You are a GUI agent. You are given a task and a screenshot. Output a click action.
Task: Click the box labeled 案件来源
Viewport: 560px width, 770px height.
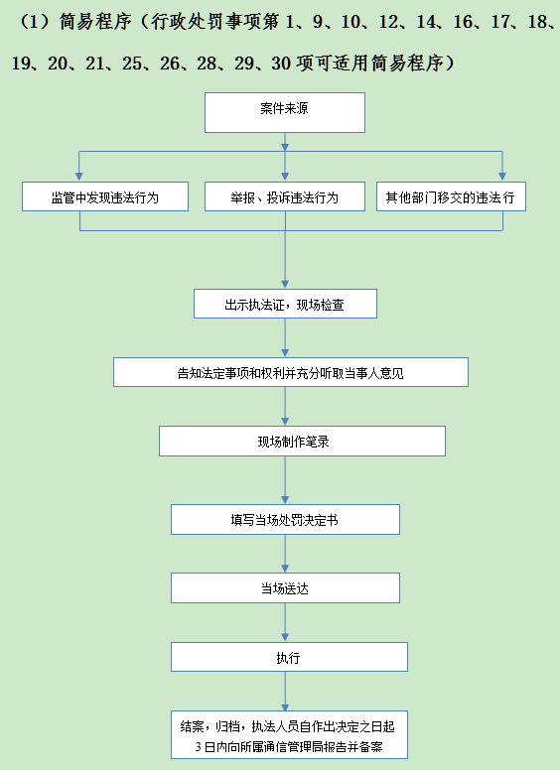[x=285, y=112]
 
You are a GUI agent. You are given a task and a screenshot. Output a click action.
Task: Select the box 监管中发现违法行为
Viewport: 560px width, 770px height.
[x=105, y=196]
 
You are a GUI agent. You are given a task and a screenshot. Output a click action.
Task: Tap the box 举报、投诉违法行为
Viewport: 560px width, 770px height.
[x=285, y=196]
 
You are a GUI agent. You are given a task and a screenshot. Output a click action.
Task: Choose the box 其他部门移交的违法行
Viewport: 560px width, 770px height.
[x=451, y=196]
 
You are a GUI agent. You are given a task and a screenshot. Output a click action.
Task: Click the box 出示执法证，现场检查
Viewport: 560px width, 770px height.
[x=285, y=304]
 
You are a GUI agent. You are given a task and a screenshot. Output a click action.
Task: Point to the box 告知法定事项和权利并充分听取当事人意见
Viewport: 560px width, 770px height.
[x=291, y=372]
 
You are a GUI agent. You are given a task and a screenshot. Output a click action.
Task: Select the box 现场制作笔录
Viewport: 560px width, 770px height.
[x=302, y=441]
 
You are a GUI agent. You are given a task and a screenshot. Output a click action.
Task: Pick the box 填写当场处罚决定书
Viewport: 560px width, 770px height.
[x=285, y=519]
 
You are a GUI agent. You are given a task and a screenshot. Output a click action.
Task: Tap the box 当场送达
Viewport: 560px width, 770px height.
[x=285, y=587]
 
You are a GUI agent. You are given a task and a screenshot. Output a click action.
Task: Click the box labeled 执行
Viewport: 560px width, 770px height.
[x=289, y=657]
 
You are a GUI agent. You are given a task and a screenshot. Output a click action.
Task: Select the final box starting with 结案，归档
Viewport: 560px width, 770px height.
[x=289, y=734]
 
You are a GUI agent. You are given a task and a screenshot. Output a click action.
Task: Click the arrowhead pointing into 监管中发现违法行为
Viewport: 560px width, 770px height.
[x=79, y=177]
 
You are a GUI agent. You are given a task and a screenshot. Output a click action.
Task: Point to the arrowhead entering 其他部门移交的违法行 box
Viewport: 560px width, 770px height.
[x=502, y=177]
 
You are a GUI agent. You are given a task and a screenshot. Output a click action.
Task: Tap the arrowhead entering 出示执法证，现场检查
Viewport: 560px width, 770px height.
[x=285, y=284]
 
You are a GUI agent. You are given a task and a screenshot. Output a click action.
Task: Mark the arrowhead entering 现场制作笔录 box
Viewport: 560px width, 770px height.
[x=285, y=422]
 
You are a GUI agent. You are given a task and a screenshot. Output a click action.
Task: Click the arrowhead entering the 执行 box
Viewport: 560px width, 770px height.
[x=285, y=637]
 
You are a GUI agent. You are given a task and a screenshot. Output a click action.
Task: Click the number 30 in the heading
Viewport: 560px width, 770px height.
[x=281, y=64]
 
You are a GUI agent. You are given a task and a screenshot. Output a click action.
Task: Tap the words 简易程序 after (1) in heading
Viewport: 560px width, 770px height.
[x=95, y=22]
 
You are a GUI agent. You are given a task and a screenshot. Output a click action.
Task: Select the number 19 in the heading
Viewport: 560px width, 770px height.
[x=21, y=64]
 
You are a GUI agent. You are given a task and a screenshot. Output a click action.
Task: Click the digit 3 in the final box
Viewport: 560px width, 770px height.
[x=198, y=747]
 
